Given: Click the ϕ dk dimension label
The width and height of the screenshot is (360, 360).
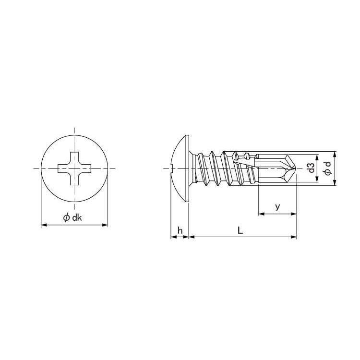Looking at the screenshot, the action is (x=72, y=217).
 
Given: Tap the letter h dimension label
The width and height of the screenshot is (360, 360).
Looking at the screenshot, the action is (x=180, y=230).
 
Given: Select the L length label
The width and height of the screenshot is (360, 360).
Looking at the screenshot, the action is (x=240, y=230).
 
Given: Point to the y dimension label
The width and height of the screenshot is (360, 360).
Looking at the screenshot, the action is (x=277, y=207).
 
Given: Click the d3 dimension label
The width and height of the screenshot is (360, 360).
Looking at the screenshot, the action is (x=311, y=168).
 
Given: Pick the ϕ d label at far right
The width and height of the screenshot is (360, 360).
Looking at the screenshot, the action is (x=328, y=168).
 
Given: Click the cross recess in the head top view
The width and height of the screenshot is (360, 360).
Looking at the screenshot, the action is (x=74, y=168).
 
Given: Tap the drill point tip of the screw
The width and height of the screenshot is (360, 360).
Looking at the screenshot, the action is (x=296, y=168).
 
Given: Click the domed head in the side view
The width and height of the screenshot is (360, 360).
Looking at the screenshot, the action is (x=180, y=168).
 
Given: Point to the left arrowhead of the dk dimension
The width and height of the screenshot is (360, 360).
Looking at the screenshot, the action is (x=44, y=225).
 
